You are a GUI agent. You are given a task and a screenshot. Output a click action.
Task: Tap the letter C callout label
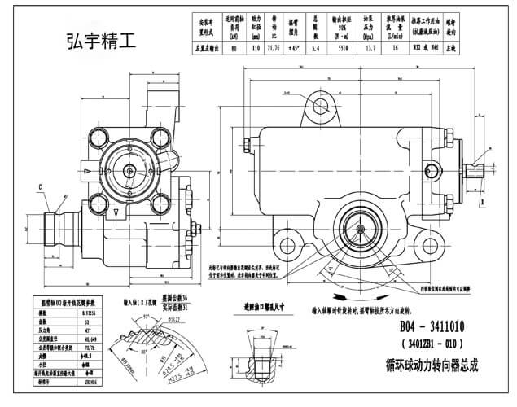38,188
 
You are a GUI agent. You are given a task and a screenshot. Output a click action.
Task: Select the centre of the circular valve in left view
129,172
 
